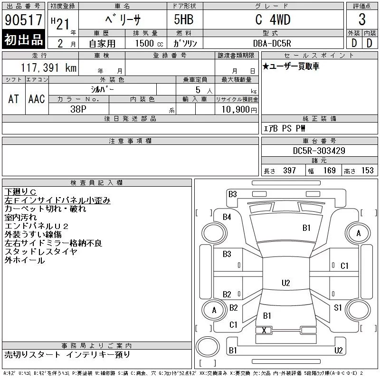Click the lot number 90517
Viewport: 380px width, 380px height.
pos(23,20)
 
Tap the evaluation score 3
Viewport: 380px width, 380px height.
pos(362,20)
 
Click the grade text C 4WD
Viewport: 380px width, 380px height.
pos(273,20)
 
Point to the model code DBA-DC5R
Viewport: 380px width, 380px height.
pos(272,43)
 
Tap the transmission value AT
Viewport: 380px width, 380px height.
pos(14,99)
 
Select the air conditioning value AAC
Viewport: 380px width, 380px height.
pos(37,99)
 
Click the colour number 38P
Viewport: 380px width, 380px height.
pos(78,109)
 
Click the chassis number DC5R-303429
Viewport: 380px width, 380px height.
pos(319,151)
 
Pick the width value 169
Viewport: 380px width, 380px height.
pos(330,171)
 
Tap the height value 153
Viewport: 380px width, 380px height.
pos(367,171)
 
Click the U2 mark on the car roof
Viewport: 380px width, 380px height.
pos(285,283)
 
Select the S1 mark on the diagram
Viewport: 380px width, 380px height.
pos(338,308)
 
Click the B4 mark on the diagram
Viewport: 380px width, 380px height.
pos(227,217)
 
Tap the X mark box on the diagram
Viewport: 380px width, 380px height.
pos(264,330)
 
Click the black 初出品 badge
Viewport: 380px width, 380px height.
pos(23,40)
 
